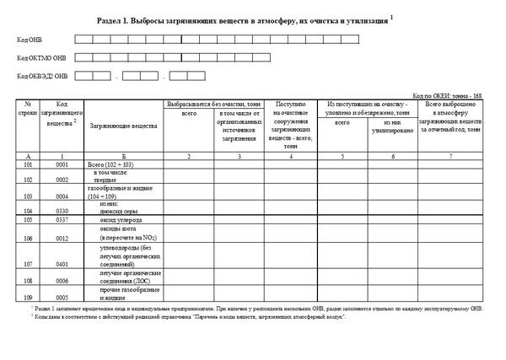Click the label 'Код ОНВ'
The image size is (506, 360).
tap(29, 40)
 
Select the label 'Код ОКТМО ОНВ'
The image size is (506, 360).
tap(40, 58)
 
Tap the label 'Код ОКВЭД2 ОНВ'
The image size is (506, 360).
tap(41, 77)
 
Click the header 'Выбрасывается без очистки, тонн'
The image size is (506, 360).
tap(215, 103)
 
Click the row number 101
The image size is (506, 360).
tap(29, 164)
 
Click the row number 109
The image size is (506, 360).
tap(29, 297)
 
